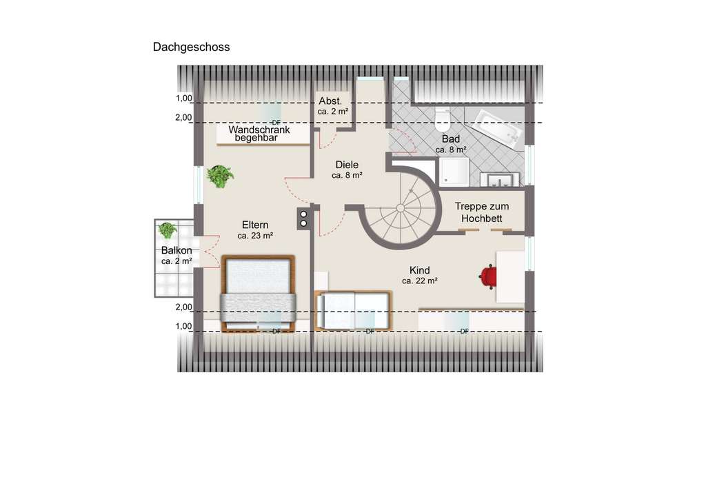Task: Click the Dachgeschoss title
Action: pyautogui.click(x=191, y=48)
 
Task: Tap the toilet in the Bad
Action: pyautogui.click(x=443, y=121)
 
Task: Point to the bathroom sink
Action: pyautogui.click(x=501, y=179)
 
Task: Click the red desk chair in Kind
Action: pyautogui.click(x=488, y=276)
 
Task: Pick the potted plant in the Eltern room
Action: pyautogui.click(x=220, y=176)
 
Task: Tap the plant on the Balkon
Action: pyautogui.click(x=167, y=230)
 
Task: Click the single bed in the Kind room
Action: pyautogui.click(x=354, y=310)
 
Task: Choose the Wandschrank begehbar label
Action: pyautogui.click(x=259, y=134)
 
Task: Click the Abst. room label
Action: pyautogui.click(x=330, y=101)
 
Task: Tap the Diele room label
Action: pyautogui.click(x=347, y=165)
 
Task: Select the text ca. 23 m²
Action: pyautogui.click(x=255, y=236)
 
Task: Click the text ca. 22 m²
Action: pyautogui.click(x=420, y=281)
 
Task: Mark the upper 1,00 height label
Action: pyautogui.click(x=183, y=99)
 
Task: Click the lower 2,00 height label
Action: pyautogui.click(x=183, y=307)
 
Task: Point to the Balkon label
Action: pyautogui.click(x=176, y=250)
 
